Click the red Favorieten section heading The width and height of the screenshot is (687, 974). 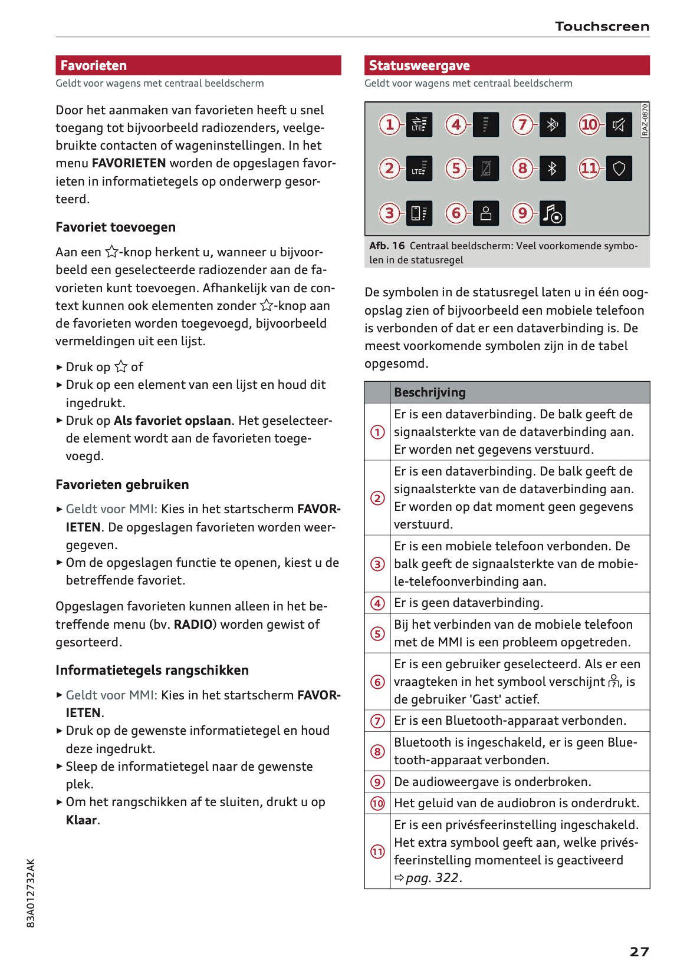[x=94, y=65]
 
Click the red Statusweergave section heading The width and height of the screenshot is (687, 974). [x=419, y=65]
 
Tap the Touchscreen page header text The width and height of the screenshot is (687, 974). [x=601, y=27]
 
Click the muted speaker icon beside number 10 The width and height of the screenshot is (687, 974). [x=619, y=124]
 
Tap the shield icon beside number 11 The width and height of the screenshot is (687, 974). [x=619, y=169]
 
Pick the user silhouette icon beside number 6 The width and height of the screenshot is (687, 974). [x=485, y=213]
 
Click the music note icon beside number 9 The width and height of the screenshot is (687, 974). [x=553, y=213]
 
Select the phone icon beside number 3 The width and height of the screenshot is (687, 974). [x=419, y=213]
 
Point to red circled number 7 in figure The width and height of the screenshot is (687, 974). [x=522, y=124]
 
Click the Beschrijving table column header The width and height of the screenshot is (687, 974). [x=430, y=392]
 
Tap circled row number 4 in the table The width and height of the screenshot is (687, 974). [x=377, y=603]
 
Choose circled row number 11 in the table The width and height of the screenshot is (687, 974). [x=377, y=851]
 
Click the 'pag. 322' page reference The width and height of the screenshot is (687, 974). [x=433, y=878]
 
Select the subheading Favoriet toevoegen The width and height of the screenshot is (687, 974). [x=116, y=227]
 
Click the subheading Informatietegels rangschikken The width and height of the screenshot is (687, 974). [x=152, y=671]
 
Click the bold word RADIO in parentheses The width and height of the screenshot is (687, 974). [x=193, y=625]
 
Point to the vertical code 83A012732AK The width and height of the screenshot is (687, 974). [x=31, y=893]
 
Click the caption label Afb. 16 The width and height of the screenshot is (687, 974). [x=387, y=246]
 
